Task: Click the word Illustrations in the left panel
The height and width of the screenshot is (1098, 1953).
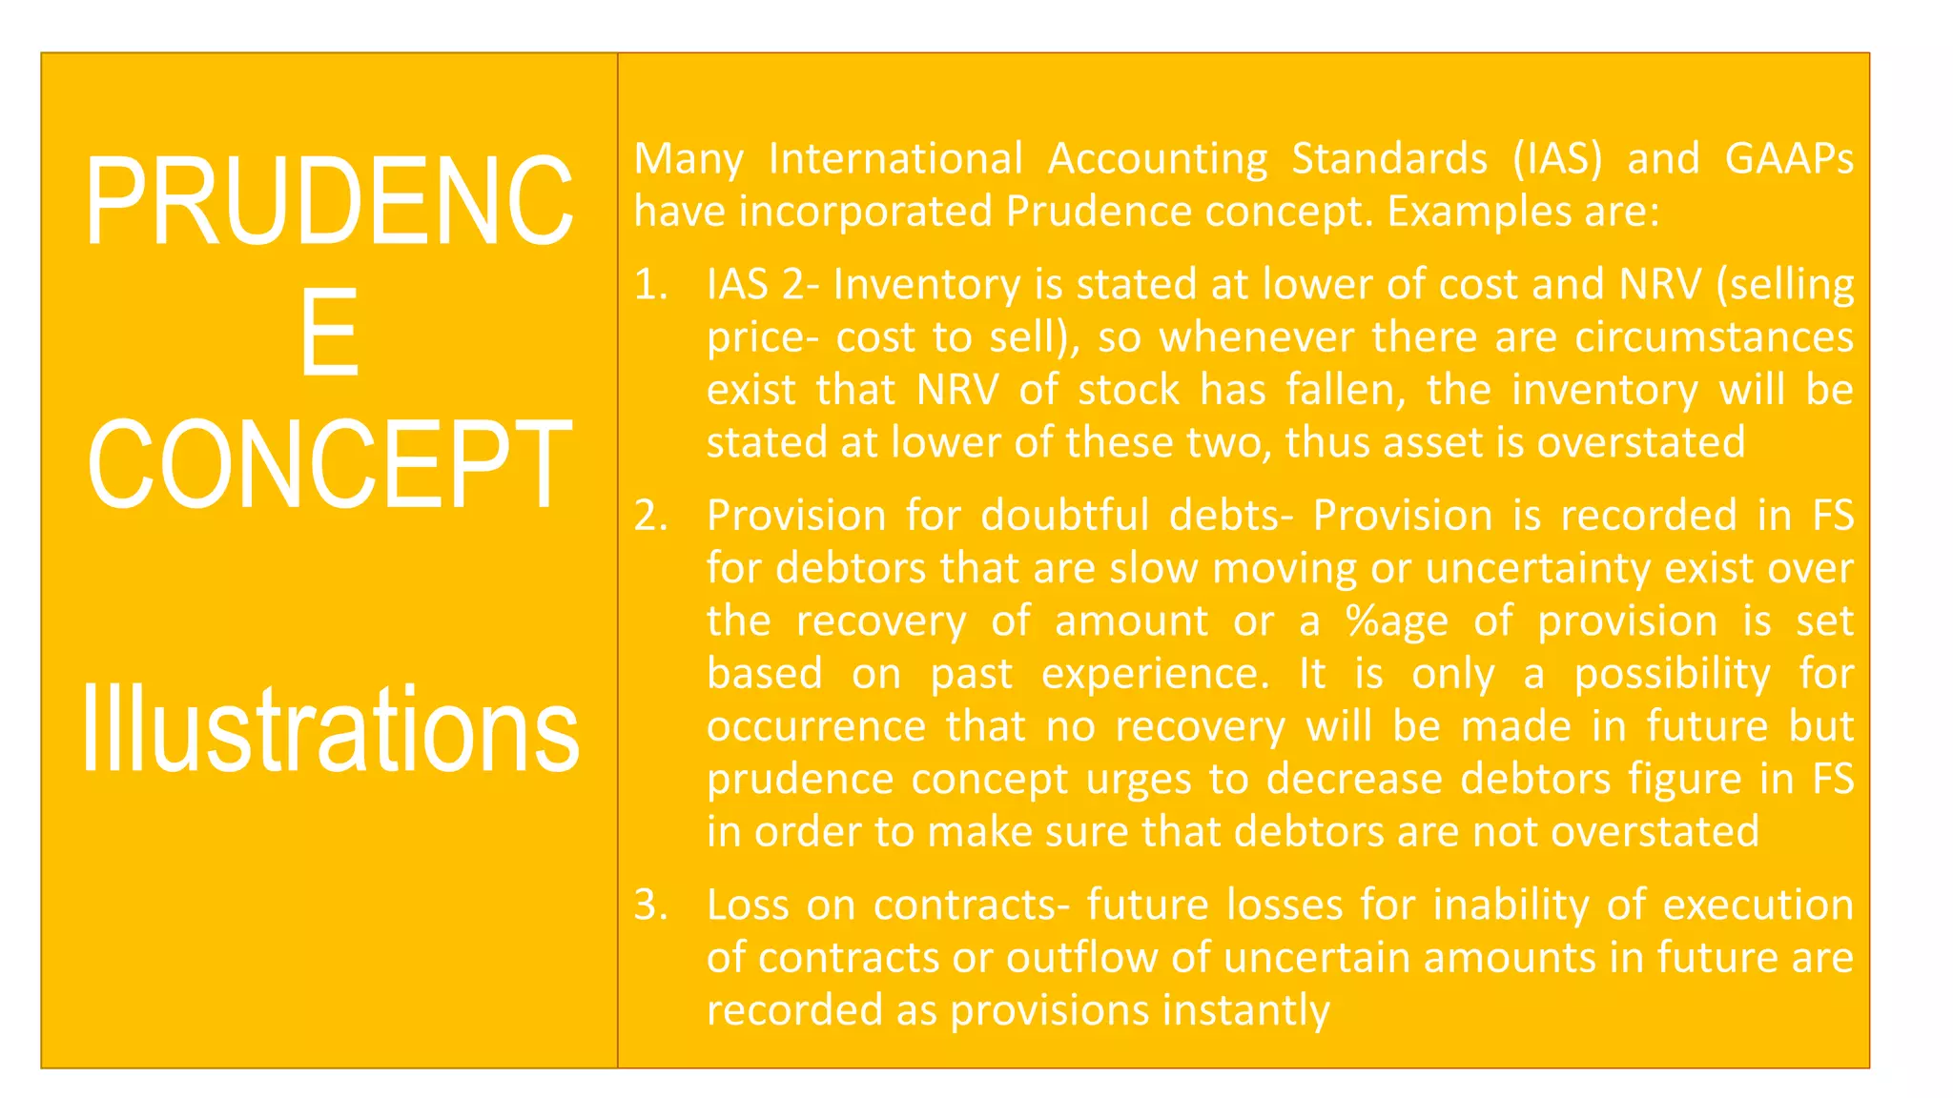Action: (x=330, y=729)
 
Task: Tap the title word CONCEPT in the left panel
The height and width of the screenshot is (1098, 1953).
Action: (x=330, y=465)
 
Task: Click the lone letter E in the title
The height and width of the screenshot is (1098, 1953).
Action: (x=330, y=334)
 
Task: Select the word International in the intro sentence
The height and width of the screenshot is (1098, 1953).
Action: (x=895, y=158)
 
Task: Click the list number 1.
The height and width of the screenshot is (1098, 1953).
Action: (x=651, y=285)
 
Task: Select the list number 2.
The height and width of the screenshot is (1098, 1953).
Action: (x=651, y=516)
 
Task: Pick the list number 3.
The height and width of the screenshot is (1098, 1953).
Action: (x=651, y=905)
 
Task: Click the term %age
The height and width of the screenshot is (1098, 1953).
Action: (x=1396, y=621)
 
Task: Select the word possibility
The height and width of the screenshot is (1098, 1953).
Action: (x=1672, y=674)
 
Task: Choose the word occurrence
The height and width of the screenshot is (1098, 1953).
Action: (x=816, y=726)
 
